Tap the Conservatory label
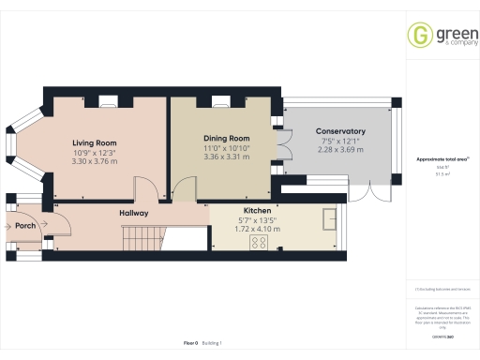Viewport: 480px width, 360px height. pos(339,130)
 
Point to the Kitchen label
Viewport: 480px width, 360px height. pos(257,211)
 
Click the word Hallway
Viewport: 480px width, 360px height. pos(134,214)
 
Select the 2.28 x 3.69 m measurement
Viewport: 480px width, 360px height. pos(339,149)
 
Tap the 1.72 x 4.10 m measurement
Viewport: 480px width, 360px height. pos(257,229)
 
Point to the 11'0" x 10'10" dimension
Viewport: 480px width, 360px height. pos(226,148)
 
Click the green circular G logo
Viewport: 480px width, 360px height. pos(419,35)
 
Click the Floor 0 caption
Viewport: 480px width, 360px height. pos(190,343)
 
